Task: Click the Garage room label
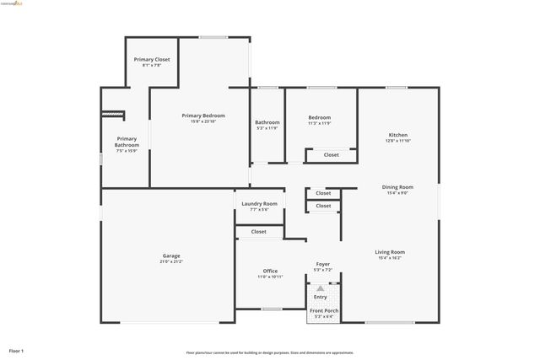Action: pyautogui.click(x=171, y=255)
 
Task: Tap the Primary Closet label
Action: pyautogui.click(x=152, y=59)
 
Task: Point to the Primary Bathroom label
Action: pyautogui.click(x=127, y=142)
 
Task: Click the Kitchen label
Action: pyautogui.click(x=397, y=135)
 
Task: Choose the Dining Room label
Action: pyautogui.click(x=398, y=186)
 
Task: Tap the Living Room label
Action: pyautogui.click(x=390, y=251)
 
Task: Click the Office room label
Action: pyautogui.click(x=270, y=271)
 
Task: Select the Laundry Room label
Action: pyautogui.click(x=259, y=203)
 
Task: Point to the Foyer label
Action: pyautogui.click(x=323, y=264)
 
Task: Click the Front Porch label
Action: pyautogui.click(x=323, y=310)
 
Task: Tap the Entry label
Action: pyautogui.click(x=321, y=297)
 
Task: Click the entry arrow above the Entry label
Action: pyautogui.click(x=321, y=288)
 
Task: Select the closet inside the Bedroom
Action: pyautogui.click(x=332, y=154)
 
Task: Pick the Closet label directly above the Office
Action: pyautogui.click(x=258, y=231)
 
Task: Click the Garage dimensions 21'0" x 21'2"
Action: pyautogui.click(x=171, y=261)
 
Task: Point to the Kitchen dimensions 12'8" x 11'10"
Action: pyautogui.click(x=397, y=141)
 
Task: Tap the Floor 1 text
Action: pyautogui.click(x=16, y=350)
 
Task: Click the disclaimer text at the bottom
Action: pyautogui.click(x=269, y=352)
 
